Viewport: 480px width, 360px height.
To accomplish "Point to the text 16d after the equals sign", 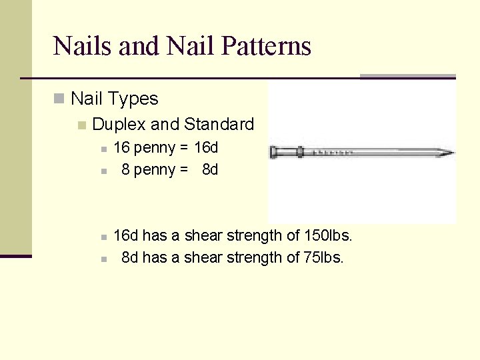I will click(206, 147).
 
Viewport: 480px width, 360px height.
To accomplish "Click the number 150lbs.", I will click(327, 235).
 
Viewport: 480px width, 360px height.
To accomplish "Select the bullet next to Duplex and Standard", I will click(82, 125).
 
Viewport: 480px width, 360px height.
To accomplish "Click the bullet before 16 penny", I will click(103, 149).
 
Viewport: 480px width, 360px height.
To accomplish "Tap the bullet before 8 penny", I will click(103, 171).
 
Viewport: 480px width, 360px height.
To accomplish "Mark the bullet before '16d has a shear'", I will click(103, 237).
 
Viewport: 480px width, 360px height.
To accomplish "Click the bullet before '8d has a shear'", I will click(103, 259).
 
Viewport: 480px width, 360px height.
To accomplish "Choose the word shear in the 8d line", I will click(199, 257).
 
